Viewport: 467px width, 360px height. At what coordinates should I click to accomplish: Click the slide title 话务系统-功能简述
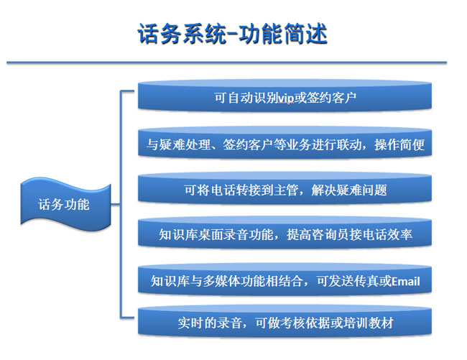232,34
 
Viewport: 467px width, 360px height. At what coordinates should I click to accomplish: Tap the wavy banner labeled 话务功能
65,205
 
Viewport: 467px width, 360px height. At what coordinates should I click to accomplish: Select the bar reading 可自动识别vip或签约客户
285,96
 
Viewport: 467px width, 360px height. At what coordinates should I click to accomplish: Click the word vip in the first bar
286,98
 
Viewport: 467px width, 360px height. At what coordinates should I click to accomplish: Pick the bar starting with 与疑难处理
285,143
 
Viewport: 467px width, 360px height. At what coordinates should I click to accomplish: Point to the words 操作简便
399,144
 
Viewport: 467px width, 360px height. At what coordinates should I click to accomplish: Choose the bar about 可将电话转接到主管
285,189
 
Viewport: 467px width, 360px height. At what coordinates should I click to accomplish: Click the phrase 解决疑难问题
349,190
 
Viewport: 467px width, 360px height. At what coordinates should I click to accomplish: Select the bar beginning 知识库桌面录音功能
285,234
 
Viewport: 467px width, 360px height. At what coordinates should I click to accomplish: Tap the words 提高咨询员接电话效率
349,235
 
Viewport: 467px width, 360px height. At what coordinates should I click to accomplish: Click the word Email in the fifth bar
405,281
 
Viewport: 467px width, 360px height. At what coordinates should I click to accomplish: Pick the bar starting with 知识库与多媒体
285,280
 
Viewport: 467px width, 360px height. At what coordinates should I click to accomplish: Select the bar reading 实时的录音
285,322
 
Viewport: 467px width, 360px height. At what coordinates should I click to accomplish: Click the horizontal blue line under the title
226,63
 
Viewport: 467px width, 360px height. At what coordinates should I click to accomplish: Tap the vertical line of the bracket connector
121,204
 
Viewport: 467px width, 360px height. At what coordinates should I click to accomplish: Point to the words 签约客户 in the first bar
331,98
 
